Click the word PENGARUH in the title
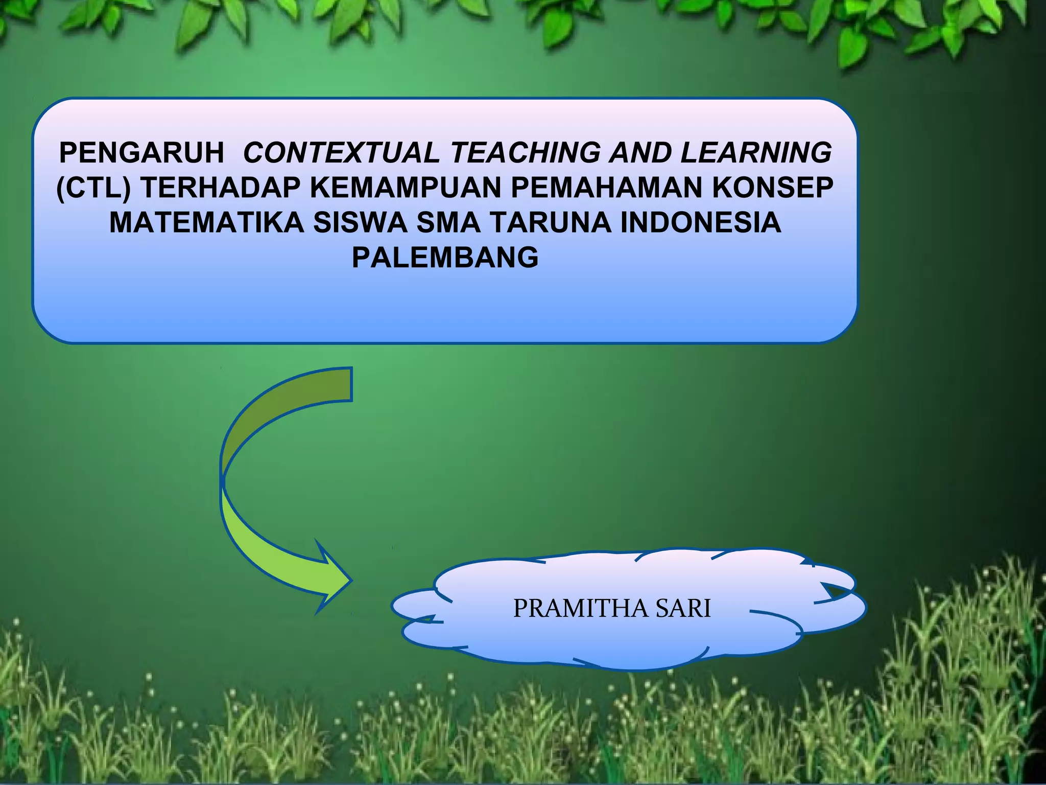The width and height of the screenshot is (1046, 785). pyautogui.click(x=141, y=153)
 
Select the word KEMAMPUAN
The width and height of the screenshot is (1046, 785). pyautogui.click(x=406, y=188)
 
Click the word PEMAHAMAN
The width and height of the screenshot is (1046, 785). pyautogui.click(x=606, y=188)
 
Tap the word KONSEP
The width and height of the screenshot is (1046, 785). pyautogui.click(x=773, y=188)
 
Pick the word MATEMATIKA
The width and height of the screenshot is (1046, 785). pyautogui.click(x=206, y=223)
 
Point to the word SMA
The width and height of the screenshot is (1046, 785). pyautogui.click(x=448, y=223)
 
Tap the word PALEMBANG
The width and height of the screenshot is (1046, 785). pyautogui.click(x=445, y=258)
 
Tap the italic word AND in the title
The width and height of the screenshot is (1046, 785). pyautogui.click(x=640, y=153)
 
